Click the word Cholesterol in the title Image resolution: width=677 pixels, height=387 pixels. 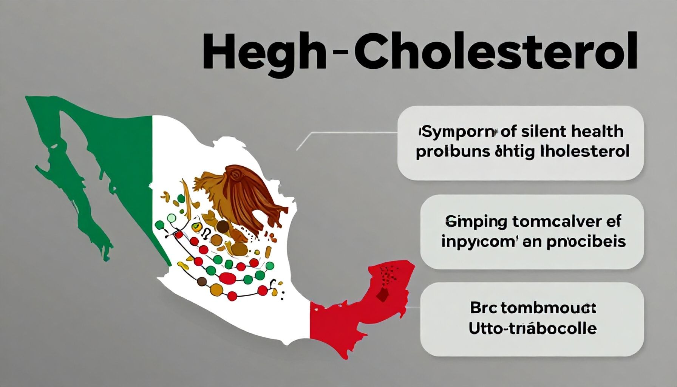pyautogui.click(x=496, y=51)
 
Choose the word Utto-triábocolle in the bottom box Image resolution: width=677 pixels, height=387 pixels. pyautogui.click(x=532, y=328)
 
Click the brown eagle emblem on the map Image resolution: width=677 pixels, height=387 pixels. pyautogui.click(x=242, y=197)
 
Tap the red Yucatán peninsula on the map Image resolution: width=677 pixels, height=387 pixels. pyautogui.click(x=389, y=287)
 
